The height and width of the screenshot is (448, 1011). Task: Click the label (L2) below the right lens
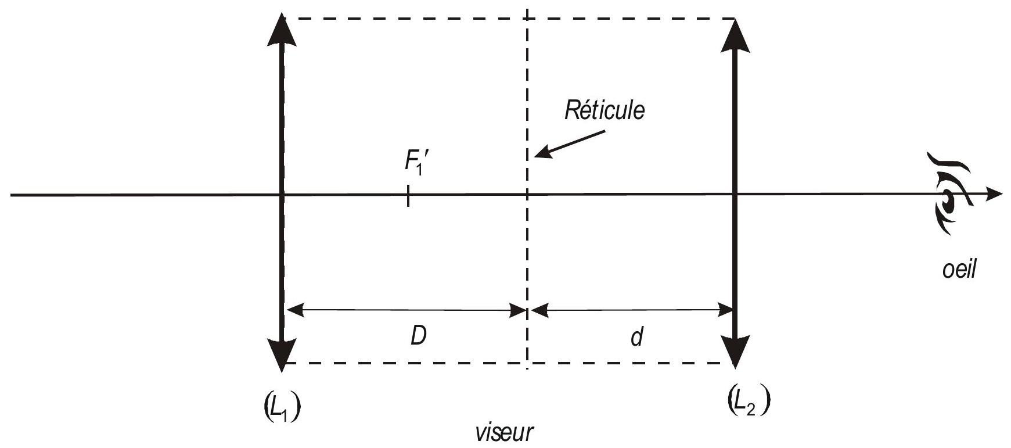[x=749, y=401]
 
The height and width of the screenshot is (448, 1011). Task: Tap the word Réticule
[x=605, y=110]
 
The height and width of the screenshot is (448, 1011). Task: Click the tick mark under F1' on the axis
[x=409, y=195]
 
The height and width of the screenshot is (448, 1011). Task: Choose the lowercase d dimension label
[x=637, y=336]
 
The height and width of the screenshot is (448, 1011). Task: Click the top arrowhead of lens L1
[x=282, y=30]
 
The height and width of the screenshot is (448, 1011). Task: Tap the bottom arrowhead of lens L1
[x=282, y=354]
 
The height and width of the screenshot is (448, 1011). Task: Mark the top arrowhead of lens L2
[x=736, y=34]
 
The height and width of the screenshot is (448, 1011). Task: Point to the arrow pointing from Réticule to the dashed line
[x=570, y=143]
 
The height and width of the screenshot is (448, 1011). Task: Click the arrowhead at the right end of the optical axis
[x=994, y=194]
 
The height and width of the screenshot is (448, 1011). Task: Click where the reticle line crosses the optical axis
[x=527, y=195]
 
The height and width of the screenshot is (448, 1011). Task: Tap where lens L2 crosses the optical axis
[x=736, y=195]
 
